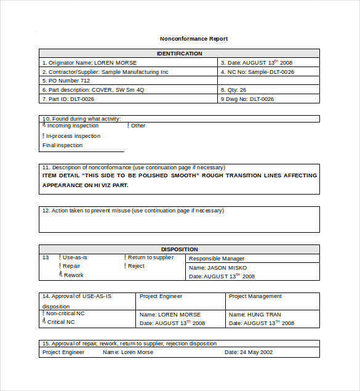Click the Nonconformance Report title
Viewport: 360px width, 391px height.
coord(194,39)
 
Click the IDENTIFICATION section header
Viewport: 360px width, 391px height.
coord(179,54)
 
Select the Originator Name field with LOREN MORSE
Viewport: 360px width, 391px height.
coord(89,63)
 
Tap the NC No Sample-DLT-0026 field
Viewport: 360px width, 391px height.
coord(257,72)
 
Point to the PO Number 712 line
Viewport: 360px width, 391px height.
coord(66,81)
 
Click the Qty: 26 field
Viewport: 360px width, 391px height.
coord(234,90)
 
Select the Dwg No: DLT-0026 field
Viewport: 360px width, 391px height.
coord(247,99)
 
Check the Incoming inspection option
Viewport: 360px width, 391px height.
coord(44,126)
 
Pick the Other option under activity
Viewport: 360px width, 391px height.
coord(129,126)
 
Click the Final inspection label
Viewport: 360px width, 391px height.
coord(62,146)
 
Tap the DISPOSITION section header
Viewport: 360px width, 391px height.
coord(179,249)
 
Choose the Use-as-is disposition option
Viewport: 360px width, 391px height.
coord(60,257)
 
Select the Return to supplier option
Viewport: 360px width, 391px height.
coord(126,257)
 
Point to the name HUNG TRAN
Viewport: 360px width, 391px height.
coord(264,315)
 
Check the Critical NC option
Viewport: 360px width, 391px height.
coord(44,322)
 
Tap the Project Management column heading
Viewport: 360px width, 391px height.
coord(255,296)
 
